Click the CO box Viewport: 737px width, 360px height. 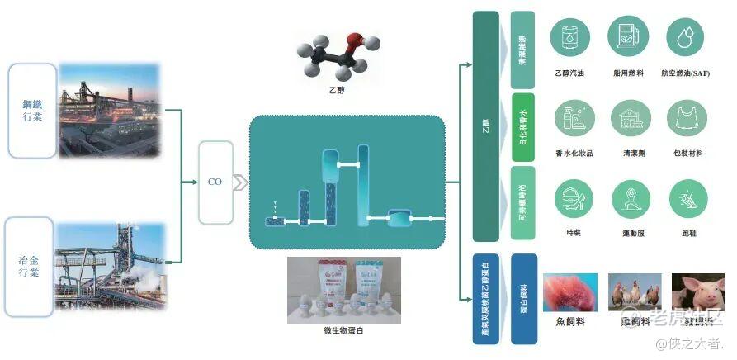pos(215,182)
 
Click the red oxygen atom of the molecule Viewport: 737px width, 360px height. pos(354,40)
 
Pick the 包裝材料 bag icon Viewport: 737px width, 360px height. pos(687,119)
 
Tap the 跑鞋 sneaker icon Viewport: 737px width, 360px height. pos(687,198)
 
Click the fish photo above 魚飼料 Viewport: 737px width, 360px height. pos(570,291)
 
